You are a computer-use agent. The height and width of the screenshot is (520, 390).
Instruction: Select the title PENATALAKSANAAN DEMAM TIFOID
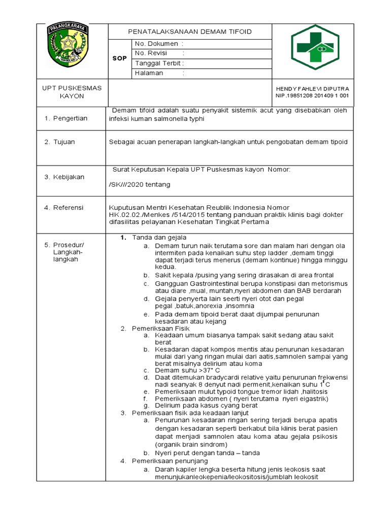(x=189, y=31)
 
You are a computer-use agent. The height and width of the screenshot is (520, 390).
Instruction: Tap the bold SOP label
(x=119, y=58)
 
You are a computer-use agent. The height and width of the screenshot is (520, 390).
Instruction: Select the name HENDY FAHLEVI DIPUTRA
(x=312, y=88)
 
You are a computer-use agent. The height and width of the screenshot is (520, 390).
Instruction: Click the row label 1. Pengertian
(x=66, y=118)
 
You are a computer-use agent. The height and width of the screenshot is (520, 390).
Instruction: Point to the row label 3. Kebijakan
(x=64, y=177)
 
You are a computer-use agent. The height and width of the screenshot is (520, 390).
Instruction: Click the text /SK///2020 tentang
(x=140, y=184)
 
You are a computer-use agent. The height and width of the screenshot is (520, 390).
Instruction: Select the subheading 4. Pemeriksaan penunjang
(x=164, y=461)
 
